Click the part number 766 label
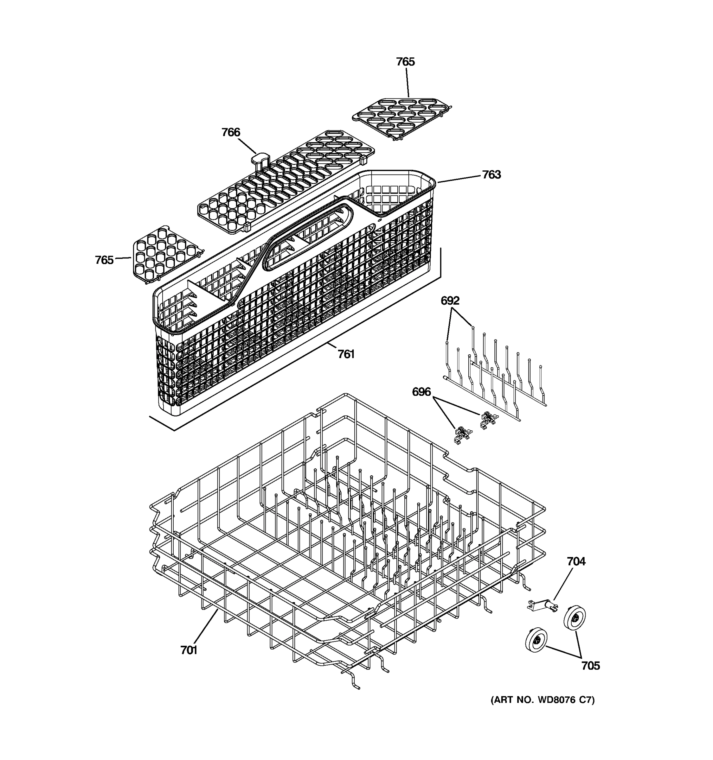231,132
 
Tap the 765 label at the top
405,61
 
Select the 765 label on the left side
104,260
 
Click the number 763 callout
491,174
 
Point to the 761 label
346,354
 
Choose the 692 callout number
450,301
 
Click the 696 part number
421,392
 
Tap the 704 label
576,561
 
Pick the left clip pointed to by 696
462,435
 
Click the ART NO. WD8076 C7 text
543,700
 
